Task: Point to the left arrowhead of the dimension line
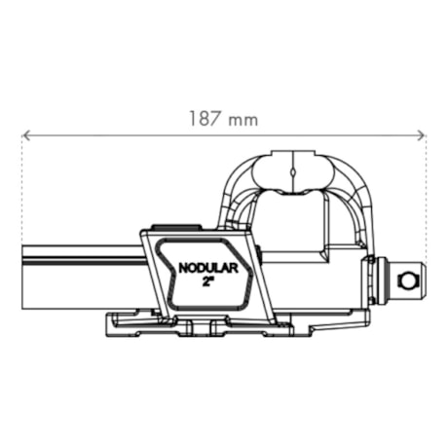point(26,135)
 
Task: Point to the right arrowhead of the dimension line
point(422,135)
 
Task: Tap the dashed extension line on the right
point(427,214)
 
